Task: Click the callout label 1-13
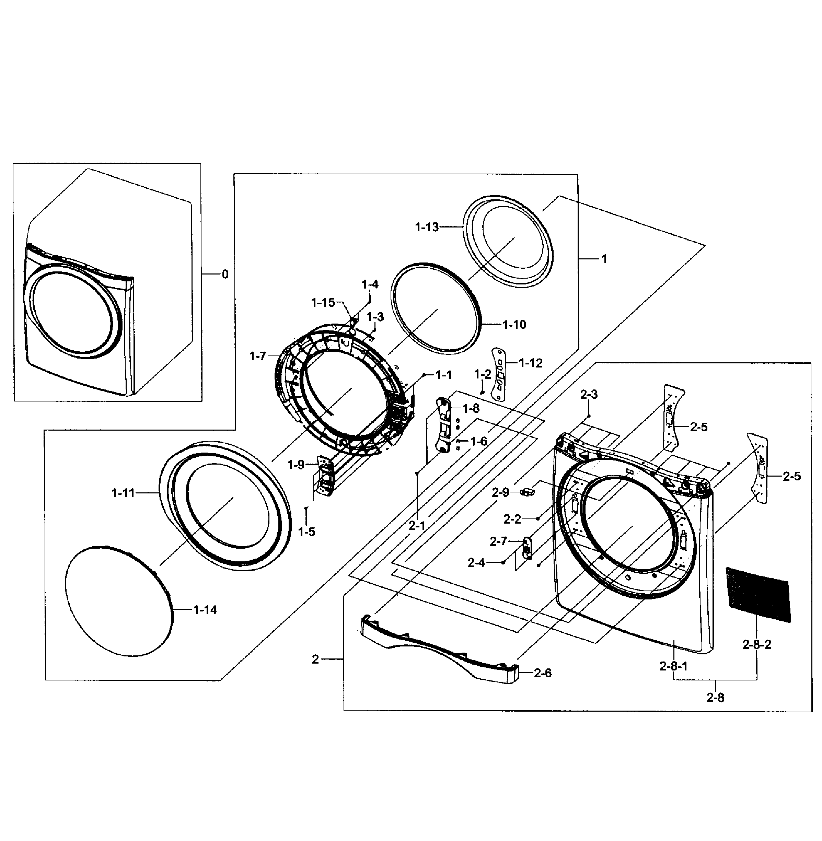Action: [427, 227]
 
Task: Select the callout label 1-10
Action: [514, 325]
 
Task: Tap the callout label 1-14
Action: [205, 610]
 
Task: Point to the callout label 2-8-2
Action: [756, 645]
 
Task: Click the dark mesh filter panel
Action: [758, 595]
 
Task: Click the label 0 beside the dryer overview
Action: [225, 275]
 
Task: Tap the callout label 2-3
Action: [589, 394]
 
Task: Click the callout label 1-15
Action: [323, 303]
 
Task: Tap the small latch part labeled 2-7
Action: [527, 547]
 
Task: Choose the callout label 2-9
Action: [500, 492]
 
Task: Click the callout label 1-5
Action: [306, 532]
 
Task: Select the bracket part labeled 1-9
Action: [325, 476]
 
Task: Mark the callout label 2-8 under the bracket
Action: [715, 697]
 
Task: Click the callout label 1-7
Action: [258, 357]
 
